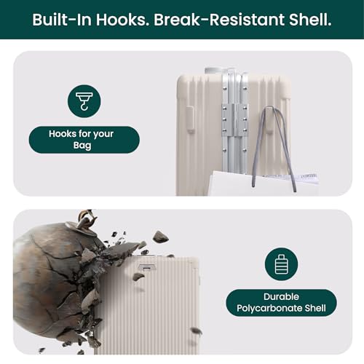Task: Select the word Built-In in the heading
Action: click(x=62, y=20)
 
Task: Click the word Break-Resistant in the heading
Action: click(x=219, y=20)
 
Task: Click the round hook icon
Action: click(x=84, y=101)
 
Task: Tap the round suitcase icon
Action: click(x=281, y=264)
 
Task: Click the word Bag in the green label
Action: click(x=82, y=146)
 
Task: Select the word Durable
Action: click(x=281, y=296)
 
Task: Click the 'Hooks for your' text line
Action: click(x=81, y=134)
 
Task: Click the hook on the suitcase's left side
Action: click(x=190, y=119)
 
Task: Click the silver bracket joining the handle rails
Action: click(x=235, y=119)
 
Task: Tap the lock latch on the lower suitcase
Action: click(x=147, y=267)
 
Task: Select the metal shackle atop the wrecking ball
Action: click(x=85, y=220)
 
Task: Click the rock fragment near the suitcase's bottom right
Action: click(x=196, y=331)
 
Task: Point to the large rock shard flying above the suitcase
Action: click(x=160, y=236)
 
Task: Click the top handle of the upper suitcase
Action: click(x=213, y=71)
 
